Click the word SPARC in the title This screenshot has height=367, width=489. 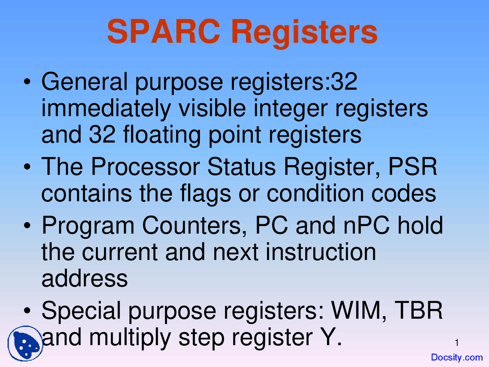(164, 31)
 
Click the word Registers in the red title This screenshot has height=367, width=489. (304, 34)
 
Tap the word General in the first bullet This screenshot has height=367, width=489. (84, 81)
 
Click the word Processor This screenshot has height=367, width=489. (146, 166)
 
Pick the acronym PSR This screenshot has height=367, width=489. (413, 166)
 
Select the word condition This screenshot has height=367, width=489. (315, 193)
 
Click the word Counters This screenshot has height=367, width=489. (194, 226)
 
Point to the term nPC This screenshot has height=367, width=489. (367, 226)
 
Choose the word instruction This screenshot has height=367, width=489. (321, 252)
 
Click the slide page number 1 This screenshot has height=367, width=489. (457, 343)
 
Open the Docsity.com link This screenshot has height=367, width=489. (457, 357)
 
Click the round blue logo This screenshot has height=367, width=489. (25, 343)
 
